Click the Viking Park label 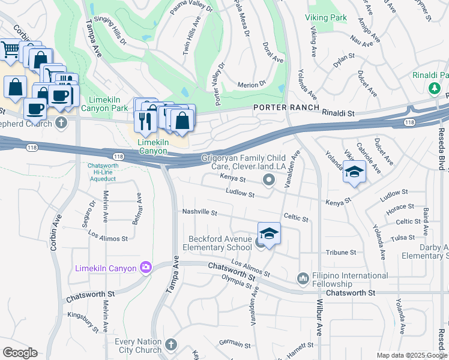click(325, 18)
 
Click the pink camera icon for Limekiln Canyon click(145, 267)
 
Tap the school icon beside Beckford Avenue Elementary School click(269, 234)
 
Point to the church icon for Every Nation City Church click(171, 344)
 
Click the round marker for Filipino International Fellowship click(303, 278)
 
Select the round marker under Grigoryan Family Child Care click(268, 179)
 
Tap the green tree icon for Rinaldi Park click(434, 88)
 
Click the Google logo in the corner click(19, 353)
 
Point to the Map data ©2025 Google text click(412, 355)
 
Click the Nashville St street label click(199, 212)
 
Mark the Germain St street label click(234, 343)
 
